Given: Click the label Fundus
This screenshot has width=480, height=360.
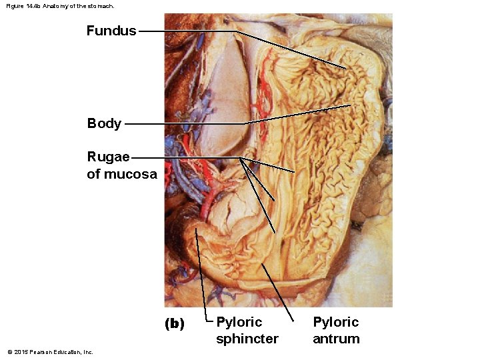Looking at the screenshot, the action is (111, 31).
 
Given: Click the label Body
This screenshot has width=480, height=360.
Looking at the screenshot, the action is (104, 123).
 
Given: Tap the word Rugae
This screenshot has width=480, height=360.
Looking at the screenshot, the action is (108, 157).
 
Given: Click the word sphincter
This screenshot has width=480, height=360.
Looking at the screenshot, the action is (247, 339).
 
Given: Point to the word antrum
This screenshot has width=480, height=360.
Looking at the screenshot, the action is (336, 339).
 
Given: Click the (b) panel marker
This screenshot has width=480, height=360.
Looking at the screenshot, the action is (175, 324).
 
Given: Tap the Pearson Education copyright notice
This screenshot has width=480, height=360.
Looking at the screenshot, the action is (50, 352).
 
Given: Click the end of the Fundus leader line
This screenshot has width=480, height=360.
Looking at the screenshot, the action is (346, 69).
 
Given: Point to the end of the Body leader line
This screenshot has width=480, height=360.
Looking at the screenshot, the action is (351, 105).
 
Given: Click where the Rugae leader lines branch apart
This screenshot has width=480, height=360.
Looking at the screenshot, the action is (240, 158).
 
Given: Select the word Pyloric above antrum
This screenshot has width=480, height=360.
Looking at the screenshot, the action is (336, 322).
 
